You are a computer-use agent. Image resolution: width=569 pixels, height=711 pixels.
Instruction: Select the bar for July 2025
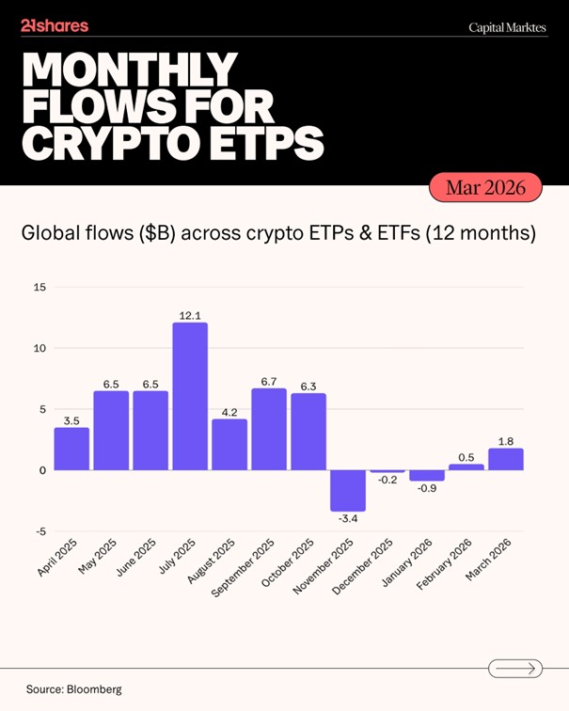pyautogui.click(x=190, y=396)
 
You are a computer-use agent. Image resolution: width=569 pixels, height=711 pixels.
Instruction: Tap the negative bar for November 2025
pyautogui.click(x=348, y=490)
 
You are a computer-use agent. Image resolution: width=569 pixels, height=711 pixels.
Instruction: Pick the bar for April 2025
pyautogui.click(x=71, y=449)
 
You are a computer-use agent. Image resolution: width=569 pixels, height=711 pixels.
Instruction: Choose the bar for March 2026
pyautogui.click(x=506, y=459)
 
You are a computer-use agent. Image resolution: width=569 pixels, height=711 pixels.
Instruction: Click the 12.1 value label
pyautogui.click(x=190, y=315)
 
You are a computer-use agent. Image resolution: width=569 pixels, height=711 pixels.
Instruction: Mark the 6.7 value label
pyautogui.click(x=269, y=381)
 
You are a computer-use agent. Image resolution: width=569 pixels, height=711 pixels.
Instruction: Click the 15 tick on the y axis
pyautogui.click(x=39, y=288)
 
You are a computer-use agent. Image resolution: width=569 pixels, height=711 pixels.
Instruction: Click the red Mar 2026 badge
pyautogui.click(x=486, y=188)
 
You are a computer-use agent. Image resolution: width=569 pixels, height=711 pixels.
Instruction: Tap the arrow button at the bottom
pyautogui.click(x=515, y=669)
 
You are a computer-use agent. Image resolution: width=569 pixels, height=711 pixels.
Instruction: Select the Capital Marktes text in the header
pyautogui.click(x=508, y=28)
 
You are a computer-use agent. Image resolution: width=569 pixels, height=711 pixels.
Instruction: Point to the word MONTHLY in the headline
pyautogui.click(x=129, y=70)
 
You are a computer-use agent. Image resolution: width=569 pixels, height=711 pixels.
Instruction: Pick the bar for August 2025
pyautogui.click(x=229, y=444)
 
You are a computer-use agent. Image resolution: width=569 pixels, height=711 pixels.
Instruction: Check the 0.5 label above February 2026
pyautogui.click(x=466, y=456)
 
